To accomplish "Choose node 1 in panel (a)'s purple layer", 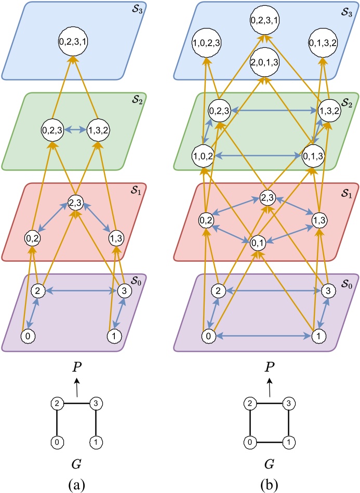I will pyautogui.click(x=114, y=336).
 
